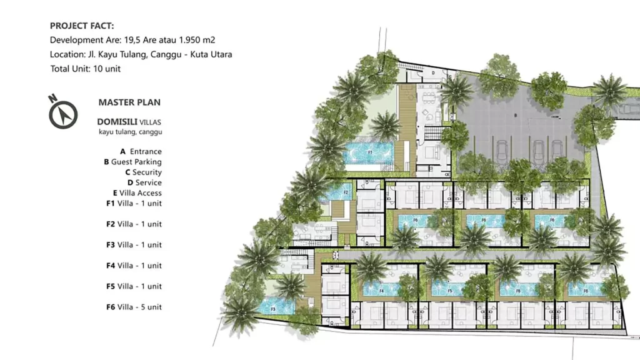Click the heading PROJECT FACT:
[x=82, y=26]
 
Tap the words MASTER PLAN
[x=129, y=102]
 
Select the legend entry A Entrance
[x=141, y=151]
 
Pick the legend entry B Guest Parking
[x=132, y=162]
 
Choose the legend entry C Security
[x=143, y=172]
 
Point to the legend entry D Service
[x=144, y=182]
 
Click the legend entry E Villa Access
[x=137, y=193]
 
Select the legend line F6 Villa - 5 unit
[x=134, y=307]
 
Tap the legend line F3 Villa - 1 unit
[x=134, y=245]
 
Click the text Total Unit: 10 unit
[x=85, y=69]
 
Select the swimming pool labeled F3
[x=276, y=307]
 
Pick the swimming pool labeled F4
[x=381, y=290]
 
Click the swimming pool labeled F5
[x=449, y=290]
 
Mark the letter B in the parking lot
[x=514, y=115]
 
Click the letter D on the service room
[x=433, y=72]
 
